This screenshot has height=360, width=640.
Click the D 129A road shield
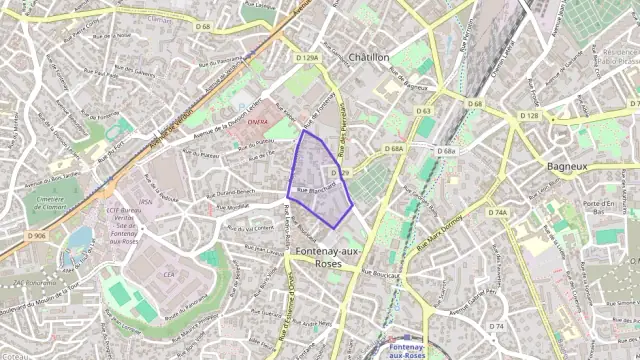pyautogui.click(x=309, y=59)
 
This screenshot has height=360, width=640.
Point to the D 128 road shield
pyautogui.click(x=529, y=116)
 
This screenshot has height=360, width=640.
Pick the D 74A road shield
pyautogui.click(x=498, y=213)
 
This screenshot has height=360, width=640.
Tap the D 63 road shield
pyautogui.click(x=423, y=111)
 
